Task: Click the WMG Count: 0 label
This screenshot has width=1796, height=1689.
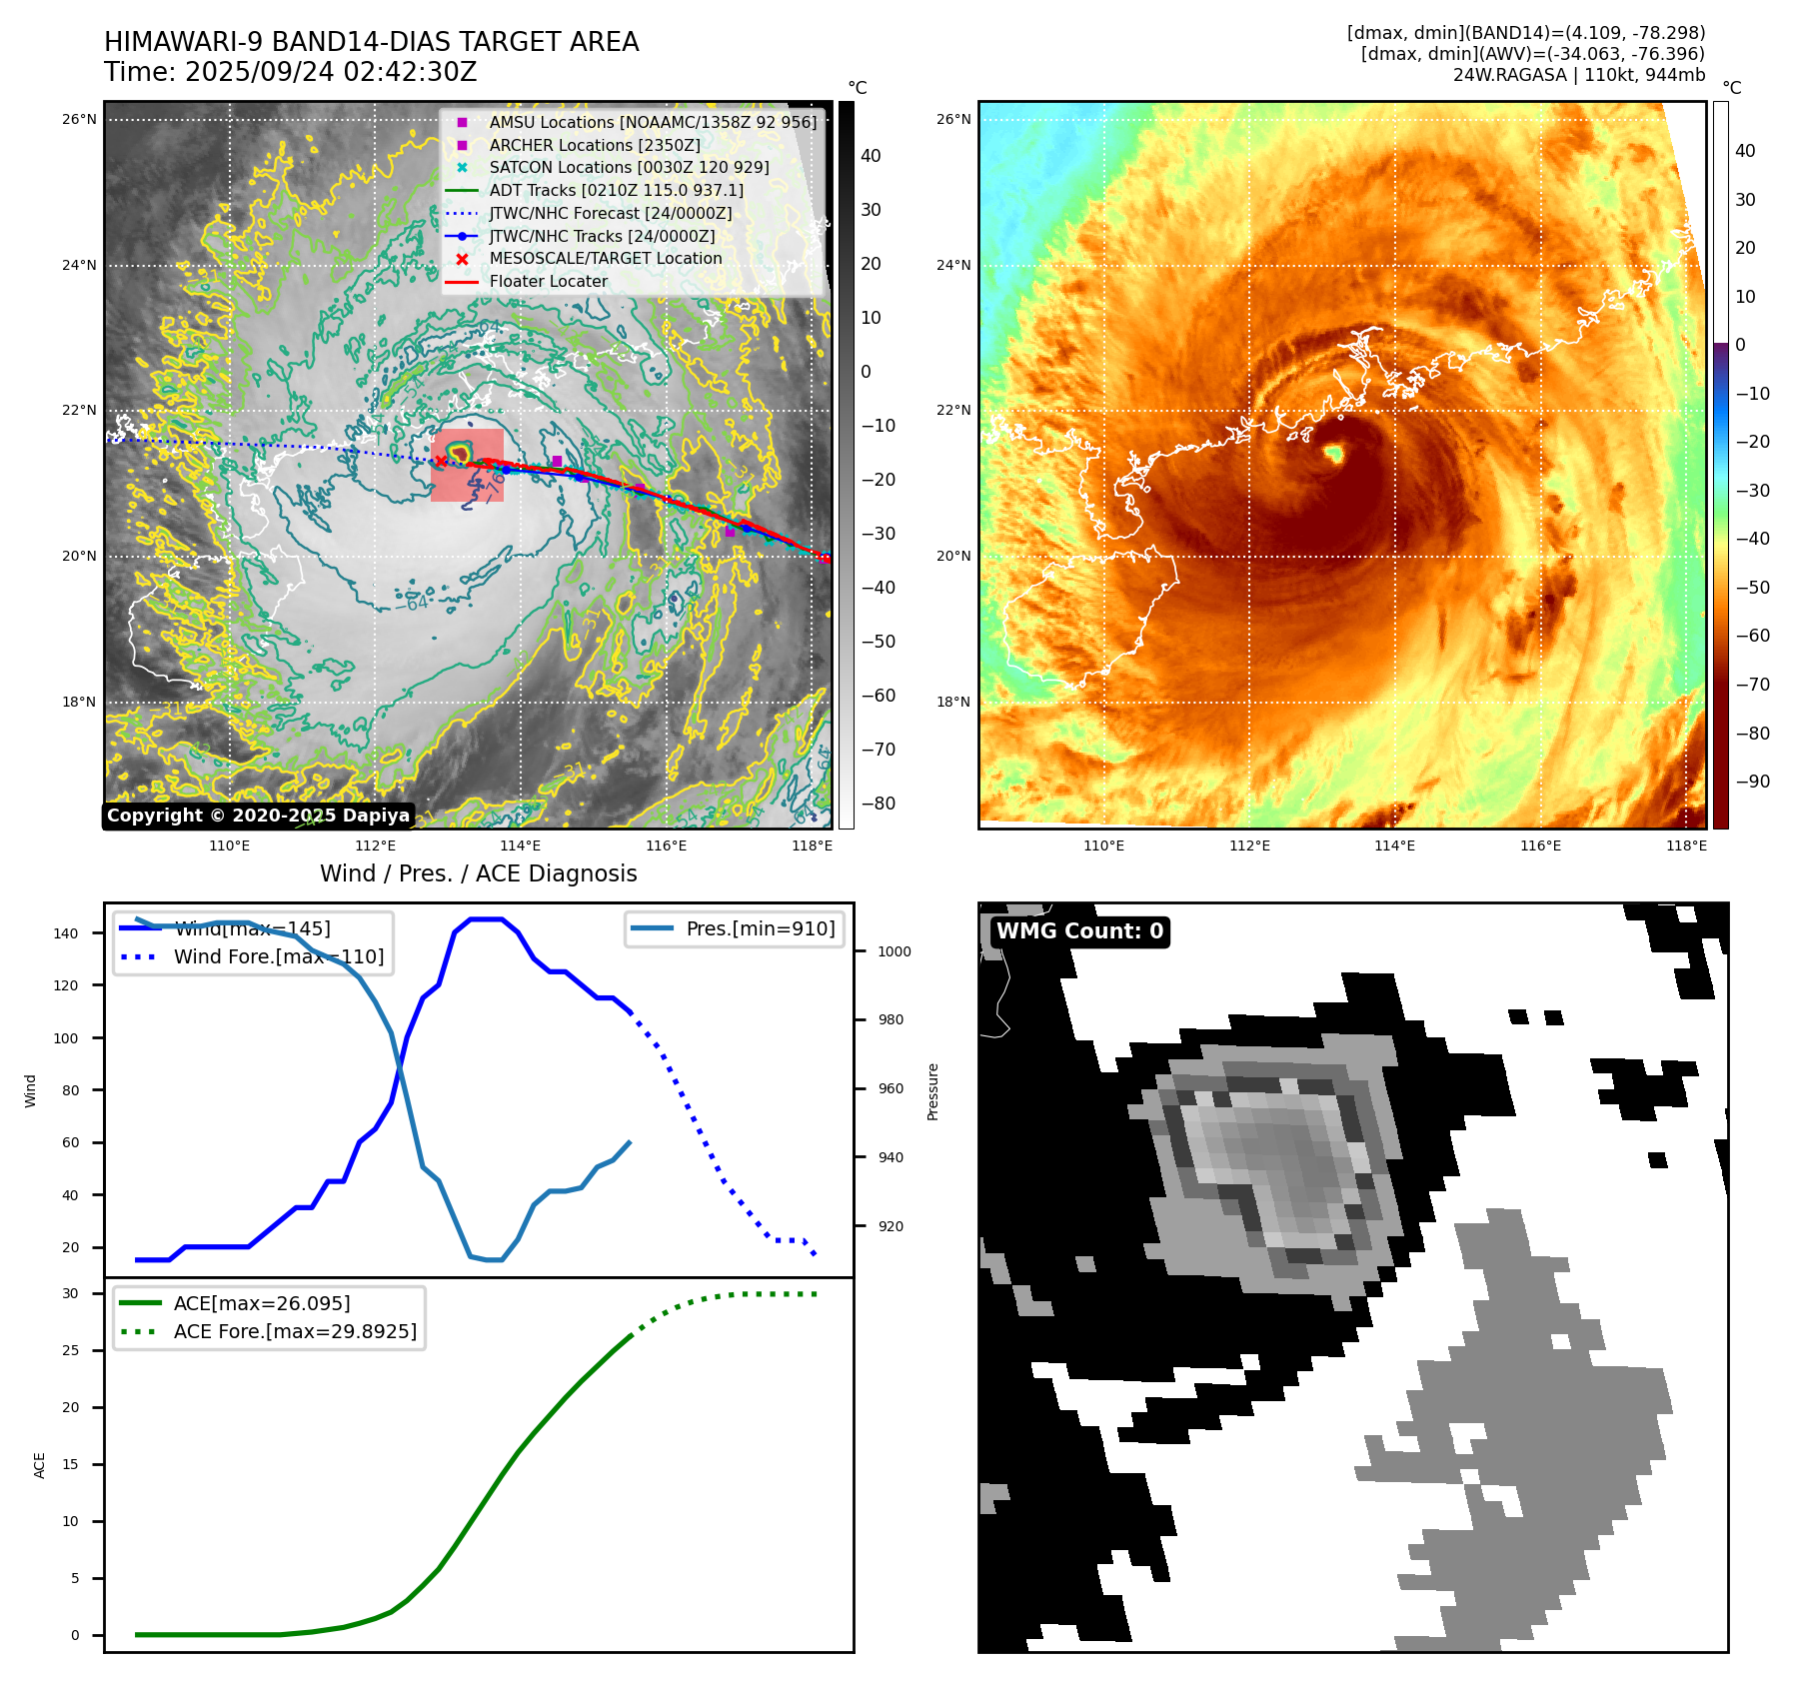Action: [x=1079, y=931]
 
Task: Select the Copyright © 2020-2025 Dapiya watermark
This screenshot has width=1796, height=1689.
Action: [x=258, y=816]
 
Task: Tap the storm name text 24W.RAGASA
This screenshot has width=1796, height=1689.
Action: [x=1509, y=75]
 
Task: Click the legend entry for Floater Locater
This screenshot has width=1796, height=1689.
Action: [x=548, y=282]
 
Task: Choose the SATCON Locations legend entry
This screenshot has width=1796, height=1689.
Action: [x=629, y=168]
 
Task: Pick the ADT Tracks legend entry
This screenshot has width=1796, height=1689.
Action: [x=616, y=190]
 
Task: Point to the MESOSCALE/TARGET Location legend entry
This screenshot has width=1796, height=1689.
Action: [x=605, y=259]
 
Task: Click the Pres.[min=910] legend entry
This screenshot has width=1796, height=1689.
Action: [x=760, y=928]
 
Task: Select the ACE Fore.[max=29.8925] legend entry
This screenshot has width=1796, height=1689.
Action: [x=295, y=1331]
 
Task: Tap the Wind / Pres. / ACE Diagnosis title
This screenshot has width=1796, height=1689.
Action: [x=478, y=873]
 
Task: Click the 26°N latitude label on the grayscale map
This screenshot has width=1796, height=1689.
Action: [x=80, y=120]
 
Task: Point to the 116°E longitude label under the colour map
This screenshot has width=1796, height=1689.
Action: [x=1540, y=846]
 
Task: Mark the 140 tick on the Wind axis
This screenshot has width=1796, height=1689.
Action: [x=66, y=933]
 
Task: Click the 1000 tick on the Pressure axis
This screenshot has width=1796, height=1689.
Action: [x=894, y=951]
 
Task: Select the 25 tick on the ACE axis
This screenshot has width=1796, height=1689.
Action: [x=70, y=1350]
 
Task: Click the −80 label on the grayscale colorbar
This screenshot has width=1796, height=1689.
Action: [x=879, y=804]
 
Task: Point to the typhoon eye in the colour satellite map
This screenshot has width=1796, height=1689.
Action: [x=1333, y=455]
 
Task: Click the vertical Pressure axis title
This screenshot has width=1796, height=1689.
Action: [x=932, y=1091]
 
